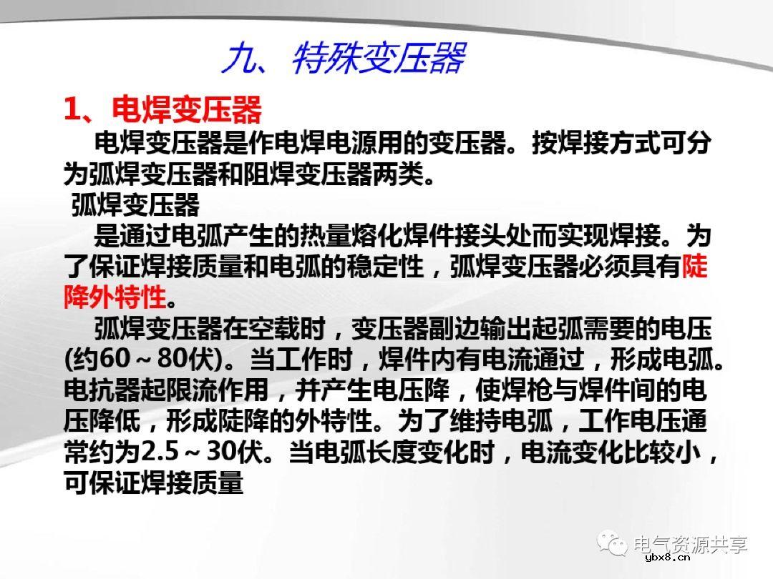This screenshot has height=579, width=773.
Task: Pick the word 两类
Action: point(401,174)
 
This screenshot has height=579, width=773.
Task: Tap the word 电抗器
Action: point(95,390)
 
